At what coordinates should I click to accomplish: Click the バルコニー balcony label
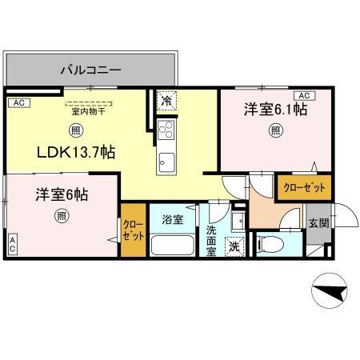[x=90, y=70]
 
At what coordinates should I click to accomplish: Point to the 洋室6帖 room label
[x=61, y=194]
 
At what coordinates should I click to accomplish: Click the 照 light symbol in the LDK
[x=75, y=130]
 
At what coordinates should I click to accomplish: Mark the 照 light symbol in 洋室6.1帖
[x=275, y=130]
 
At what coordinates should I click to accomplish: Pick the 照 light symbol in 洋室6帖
[x=62, y=215]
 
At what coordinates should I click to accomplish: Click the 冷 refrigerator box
[x=166, y=102]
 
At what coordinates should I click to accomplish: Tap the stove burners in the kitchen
[x=166, y=130]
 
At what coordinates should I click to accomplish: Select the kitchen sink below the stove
[x=166, y=159]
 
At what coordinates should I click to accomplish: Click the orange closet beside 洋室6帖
[x=133, y=231]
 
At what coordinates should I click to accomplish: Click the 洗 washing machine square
[x=235, y=247]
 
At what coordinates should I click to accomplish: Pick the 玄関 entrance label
[x=318, y=223]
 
